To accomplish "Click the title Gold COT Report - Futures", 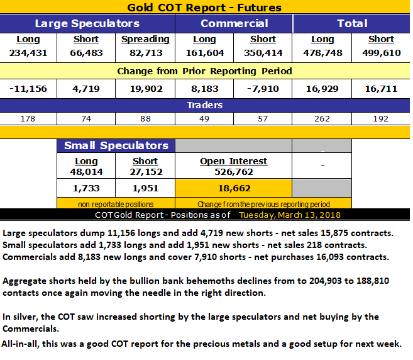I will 204,8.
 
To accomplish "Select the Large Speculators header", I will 87,24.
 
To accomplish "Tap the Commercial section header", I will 234,24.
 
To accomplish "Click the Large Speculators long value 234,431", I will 28,53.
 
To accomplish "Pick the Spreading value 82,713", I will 145,53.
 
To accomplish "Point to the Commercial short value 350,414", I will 263,53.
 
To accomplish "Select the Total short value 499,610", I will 381,53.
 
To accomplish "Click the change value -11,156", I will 28,89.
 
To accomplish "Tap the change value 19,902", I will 145,89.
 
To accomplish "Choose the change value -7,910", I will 263,89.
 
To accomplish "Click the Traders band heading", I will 204,105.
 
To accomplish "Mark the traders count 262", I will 322,118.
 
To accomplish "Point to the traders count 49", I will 204,118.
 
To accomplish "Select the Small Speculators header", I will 116,145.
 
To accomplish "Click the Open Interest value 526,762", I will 233,172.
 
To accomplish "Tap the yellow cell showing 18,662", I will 233,188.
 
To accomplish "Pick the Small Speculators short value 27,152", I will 145,172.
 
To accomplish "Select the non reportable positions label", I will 116,204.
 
